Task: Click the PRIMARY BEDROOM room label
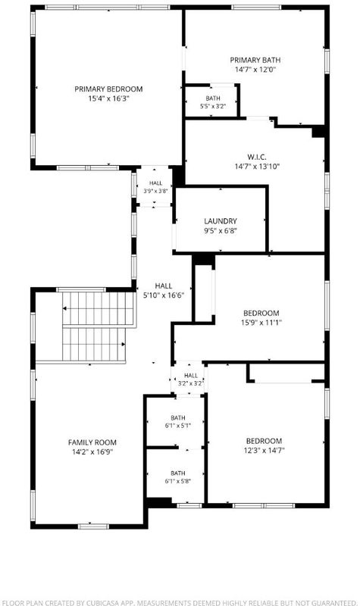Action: tap(108, 89)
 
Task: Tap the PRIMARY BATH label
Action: tap(255, 61)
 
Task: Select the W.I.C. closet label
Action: tap(257, 158)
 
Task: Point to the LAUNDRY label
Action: tap(221, 221)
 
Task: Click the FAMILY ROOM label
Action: tap(92, 442)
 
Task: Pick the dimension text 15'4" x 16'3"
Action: tap(108, 98)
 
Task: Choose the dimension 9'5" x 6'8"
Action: tap(221, 231)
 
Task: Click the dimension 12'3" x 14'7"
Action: tap(264, 451)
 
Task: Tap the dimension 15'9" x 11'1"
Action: tap(261, 323)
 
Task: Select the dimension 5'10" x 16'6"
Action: tap(164, 295)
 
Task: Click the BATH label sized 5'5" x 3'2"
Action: tap(213, 98)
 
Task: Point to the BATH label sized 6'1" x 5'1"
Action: tap(178, 418)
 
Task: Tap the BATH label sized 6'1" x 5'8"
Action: tap(178, 473)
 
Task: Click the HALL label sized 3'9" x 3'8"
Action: tap(156, 183)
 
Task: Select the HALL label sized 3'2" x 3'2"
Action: tap(191, 375)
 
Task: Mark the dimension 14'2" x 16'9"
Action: tap(92, 451)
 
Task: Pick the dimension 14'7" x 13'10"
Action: tap(257, 167)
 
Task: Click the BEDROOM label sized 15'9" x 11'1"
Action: tap(261, 313)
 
